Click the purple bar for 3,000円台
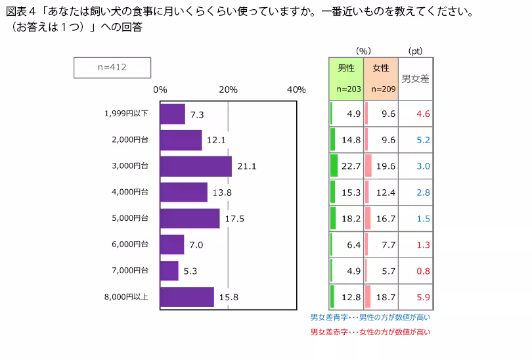pyautogui.click(x=195, y=166)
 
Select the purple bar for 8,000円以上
pyautogui.click(x=187, y=297)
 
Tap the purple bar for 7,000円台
pyautogui.click(x=169, y=271)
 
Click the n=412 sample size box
pyautogui.click(x=112, y=67)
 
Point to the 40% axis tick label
pyautogui.click(x=296, y=90)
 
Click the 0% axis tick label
pyautogui.click(x=160, y=90)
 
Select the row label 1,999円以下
pyautogui.click(x=126, y=114)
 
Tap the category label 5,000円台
pyautogui.click(x=130, y=218)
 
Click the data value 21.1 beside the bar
pyautogui.click(x=246, y=167)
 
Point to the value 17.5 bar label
pyautogui.click(x=234, y=219)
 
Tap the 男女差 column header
pyautogui.click(x=415, y=78)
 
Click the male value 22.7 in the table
pyautogui.click(x=353, y=166)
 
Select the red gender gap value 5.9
pyautogui.click(x=423, y=297)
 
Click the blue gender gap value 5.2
pyautogui.click(x=423, y=140)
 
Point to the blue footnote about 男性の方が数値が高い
pyautogui.click(x=370, y=317)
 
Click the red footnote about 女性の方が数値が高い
pyautogui.click(x=370, y=332)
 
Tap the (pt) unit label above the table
pyautogui.click(x=415, y=51)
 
